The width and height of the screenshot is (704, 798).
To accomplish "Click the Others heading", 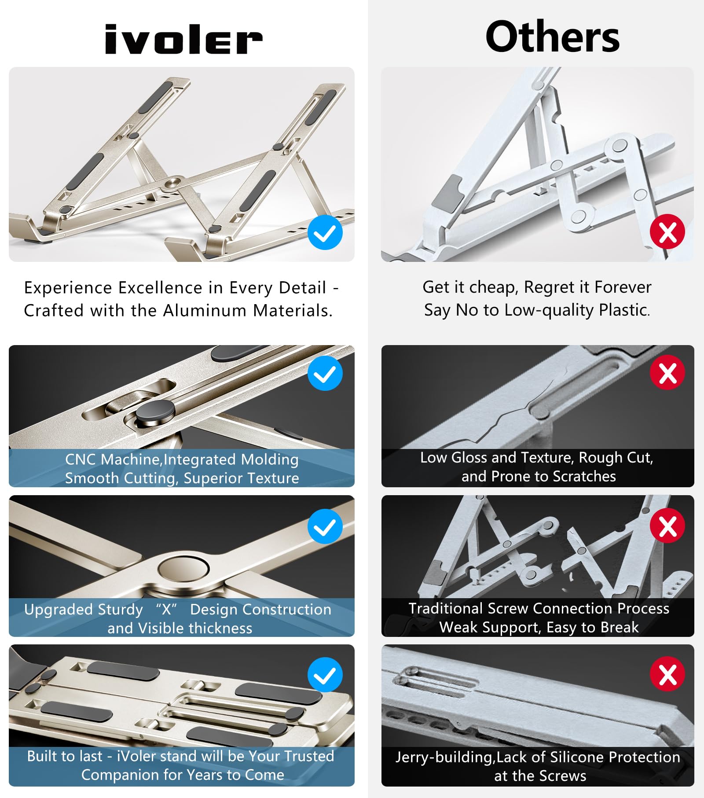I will (x=552, y=37).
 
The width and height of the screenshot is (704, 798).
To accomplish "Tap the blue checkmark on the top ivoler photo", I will (x=325, y=232).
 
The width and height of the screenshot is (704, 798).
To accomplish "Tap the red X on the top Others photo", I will (x=667, y=232).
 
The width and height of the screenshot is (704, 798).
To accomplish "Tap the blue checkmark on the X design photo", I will (x=325, y=526).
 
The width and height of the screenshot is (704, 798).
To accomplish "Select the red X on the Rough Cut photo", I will (x=667, y=373).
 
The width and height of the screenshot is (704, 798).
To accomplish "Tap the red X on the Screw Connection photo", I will (x=667, y=526).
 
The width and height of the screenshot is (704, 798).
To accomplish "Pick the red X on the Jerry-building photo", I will (x=667, y=674).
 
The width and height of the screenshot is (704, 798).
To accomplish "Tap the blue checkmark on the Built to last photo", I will (x=325, y=675).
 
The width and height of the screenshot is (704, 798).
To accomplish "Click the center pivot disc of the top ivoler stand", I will (x=173, y=183).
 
